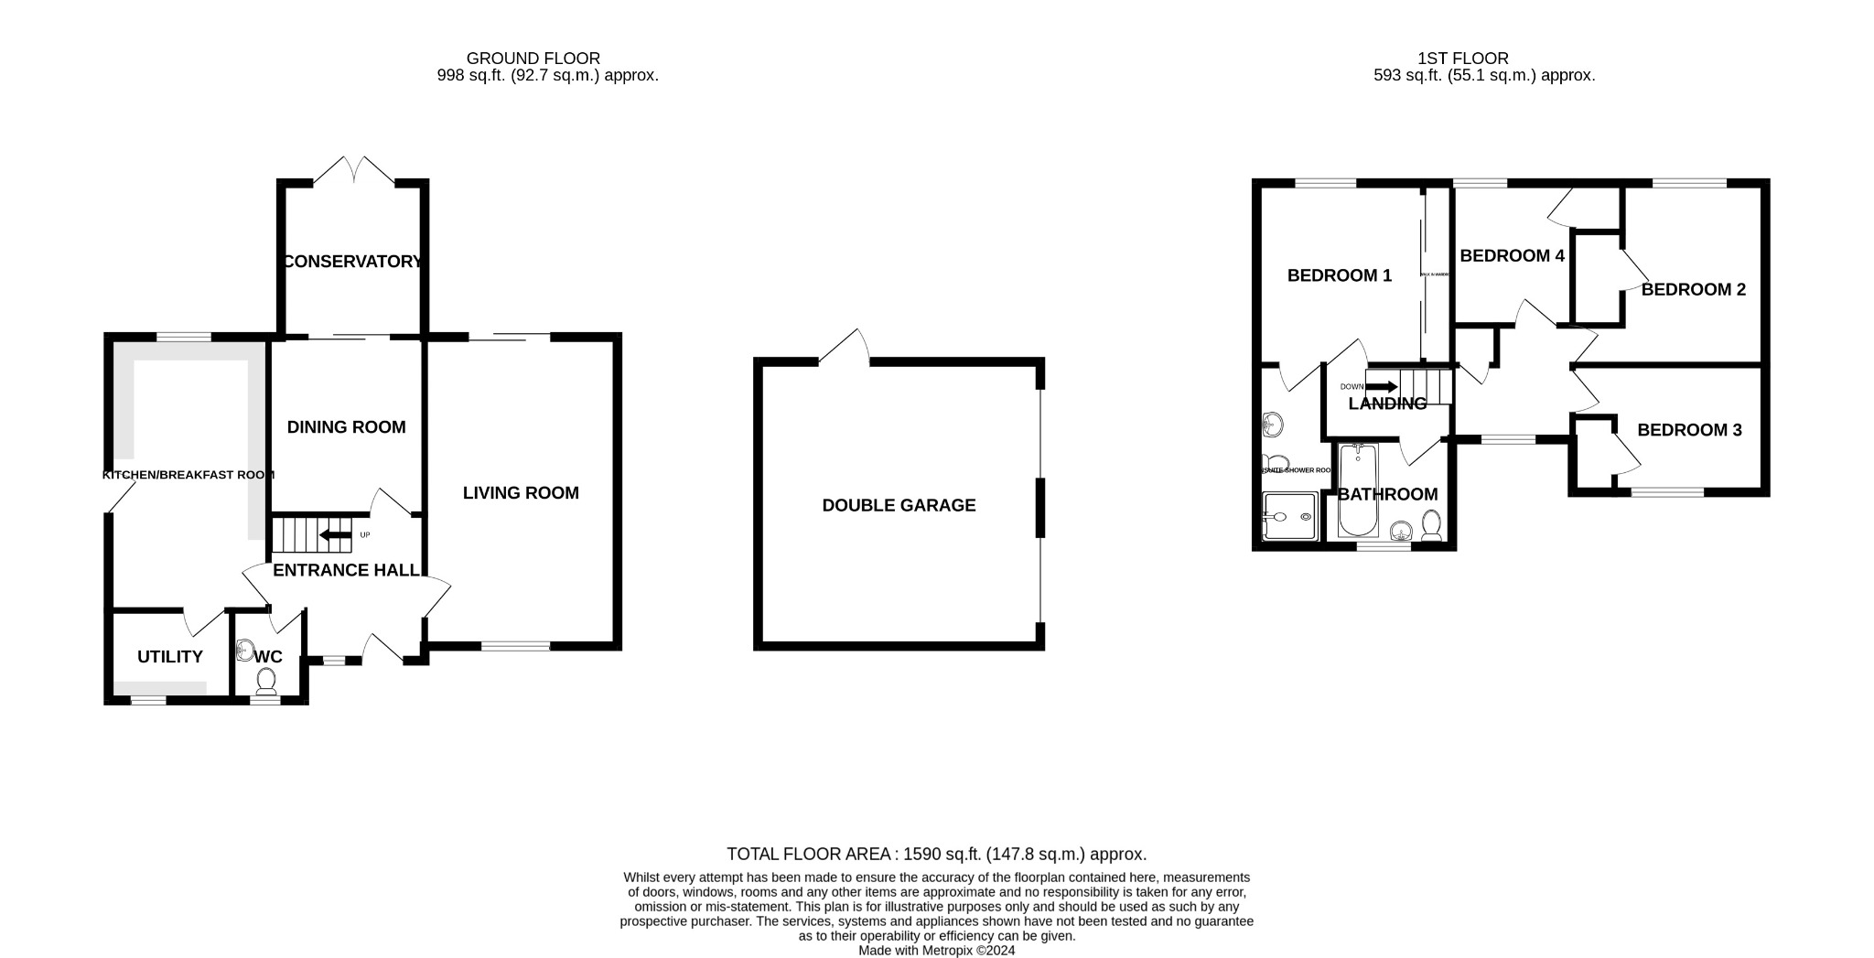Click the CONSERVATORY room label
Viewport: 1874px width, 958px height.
(352, 262)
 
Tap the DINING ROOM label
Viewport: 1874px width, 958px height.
(346, 427)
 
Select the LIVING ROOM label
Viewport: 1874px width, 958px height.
(521, 493)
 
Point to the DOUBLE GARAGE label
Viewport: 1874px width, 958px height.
(899, 505)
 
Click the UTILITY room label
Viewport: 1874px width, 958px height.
(170, 657)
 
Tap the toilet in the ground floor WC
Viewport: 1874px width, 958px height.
(266, 680)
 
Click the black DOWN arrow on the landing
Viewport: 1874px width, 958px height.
(1381, 387)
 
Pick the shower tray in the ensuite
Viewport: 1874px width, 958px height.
(1290, 517)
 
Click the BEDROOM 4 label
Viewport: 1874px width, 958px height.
(1512, 256)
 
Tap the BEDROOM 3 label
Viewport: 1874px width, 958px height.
(1689, 430)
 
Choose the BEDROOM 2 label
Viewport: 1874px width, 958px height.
(1693, 290)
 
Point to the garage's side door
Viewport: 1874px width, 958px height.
(844, 349)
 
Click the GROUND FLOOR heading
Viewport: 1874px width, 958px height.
(533, 59)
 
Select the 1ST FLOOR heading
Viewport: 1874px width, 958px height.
(1463, 59)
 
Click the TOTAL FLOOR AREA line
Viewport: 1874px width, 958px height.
(936, 855)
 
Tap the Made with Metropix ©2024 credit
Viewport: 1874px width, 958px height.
(936, 951)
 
